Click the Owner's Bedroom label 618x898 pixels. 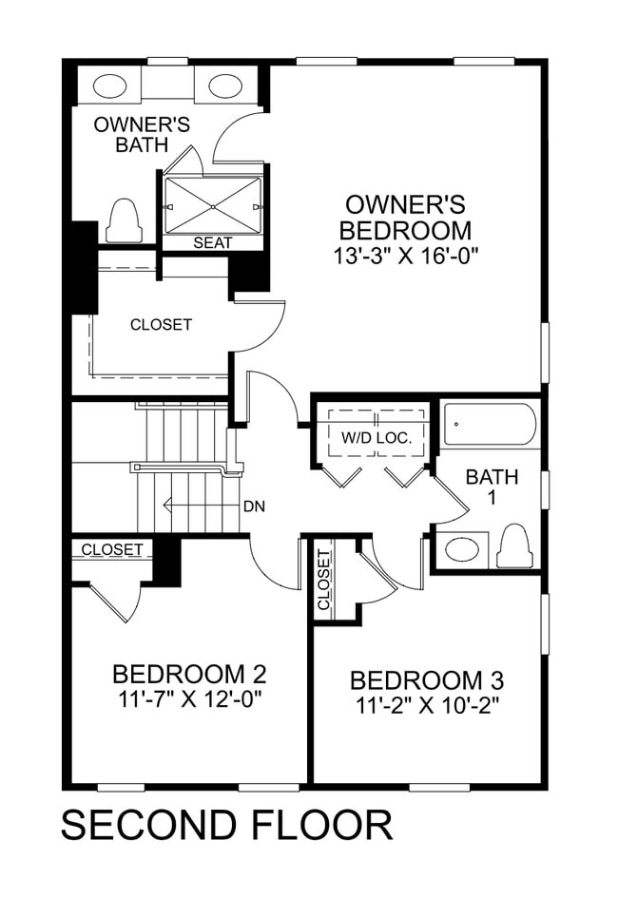[406, 217]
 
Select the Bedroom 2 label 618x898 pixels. [188, 675]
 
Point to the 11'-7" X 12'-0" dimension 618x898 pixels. [188, 700]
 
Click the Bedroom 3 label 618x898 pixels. [427, 680]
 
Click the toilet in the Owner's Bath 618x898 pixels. [124, 221]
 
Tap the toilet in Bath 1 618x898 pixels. [515, 545]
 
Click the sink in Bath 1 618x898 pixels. [462, 549]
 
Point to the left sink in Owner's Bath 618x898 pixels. [110, 86]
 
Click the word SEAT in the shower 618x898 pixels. [212, 243]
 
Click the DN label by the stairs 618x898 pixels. [254, 506]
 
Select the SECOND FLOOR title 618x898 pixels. [226, 825]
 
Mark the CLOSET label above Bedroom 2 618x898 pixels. [112, 550]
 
